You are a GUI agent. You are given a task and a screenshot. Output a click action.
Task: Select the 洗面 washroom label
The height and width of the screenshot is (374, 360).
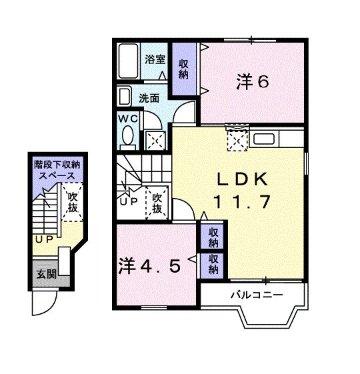click(149, 97)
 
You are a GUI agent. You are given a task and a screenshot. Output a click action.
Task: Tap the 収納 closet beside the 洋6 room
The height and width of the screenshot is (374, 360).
click(183, 69)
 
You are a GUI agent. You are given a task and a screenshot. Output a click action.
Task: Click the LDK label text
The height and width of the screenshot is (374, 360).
click(241, 179)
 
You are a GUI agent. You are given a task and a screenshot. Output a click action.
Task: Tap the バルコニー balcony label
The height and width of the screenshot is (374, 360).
click(257, 294)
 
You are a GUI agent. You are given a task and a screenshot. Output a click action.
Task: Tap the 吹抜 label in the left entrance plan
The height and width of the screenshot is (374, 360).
click(72, 203)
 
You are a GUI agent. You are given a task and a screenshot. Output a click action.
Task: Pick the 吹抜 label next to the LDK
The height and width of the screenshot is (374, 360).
click(157, 203)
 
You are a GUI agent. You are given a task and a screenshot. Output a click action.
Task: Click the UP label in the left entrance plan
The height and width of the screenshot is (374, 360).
click(44, 238)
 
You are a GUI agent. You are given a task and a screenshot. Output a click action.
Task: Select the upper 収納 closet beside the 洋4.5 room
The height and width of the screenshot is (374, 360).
click(213, 236)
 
